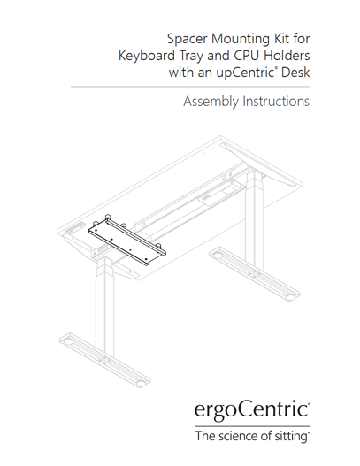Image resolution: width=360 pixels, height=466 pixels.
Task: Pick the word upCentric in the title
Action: (244, 73)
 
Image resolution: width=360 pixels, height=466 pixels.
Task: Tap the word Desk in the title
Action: (295, 73)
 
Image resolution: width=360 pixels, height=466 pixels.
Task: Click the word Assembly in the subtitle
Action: (211, 102)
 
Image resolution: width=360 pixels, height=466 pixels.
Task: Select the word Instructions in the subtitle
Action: (276, 102)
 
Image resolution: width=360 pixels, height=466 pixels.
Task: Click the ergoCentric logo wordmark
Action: (252, 409)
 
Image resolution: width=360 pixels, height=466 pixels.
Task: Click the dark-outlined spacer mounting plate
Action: (127, 241)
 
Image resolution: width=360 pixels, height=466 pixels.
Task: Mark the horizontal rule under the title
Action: (190, 87)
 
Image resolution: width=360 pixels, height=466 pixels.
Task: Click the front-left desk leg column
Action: (104, 306)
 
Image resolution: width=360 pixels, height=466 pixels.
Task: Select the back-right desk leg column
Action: (255, 217)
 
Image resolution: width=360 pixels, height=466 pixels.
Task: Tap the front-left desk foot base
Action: (105, 360)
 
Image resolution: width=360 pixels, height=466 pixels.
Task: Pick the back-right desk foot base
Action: (255, 274)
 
